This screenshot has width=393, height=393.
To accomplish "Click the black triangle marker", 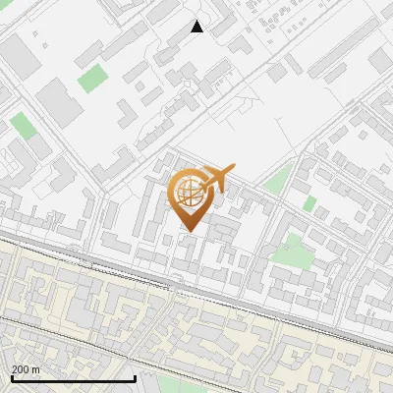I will pos(196,27).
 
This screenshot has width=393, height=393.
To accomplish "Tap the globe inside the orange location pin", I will pos(187,192).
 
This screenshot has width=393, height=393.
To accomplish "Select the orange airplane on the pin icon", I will pos(217,178).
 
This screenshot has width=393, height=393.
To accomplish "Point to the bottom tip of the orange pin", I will pos(188,231).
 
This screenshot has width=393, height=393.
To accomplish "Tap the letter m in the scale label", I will pos(36,369).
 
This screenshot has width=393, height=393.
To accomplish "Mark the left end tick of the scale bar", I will pos(11,378).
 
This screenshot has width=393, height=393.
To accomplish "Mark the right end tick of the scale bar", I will pos(135,378).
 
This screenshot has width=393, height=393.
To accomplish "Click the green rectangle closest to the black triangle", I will pos(92,78).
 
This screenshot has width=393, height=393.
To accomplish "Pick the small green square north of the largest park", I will pos(310,203).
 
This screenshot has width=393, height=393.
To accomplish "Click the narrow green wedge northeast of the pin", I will pos(279,179).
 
